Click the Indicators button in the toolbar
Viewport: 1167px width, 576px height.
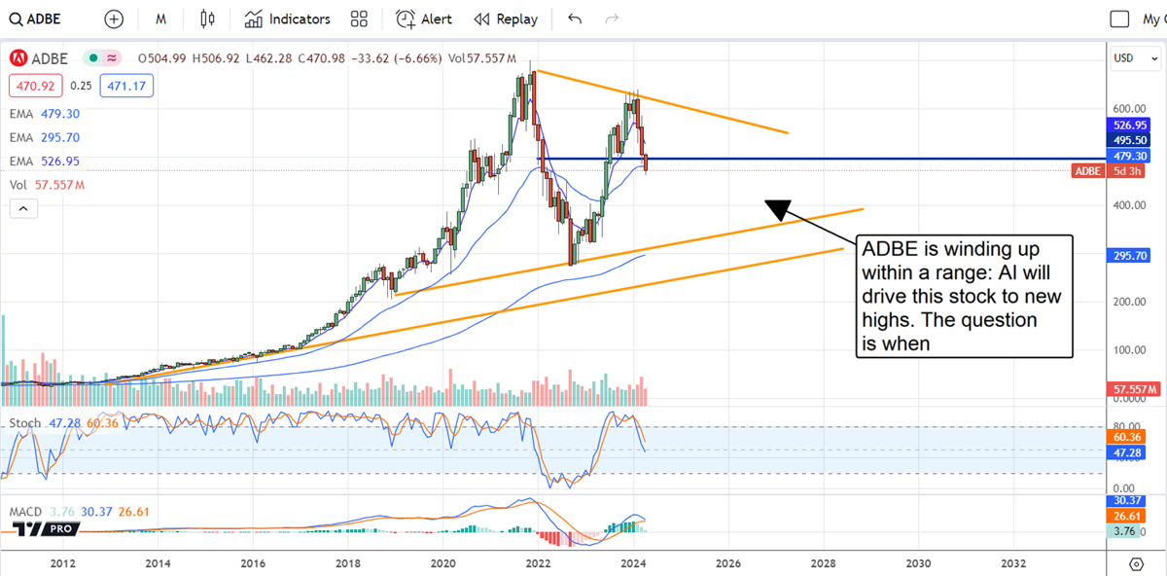click(x=288, y=19)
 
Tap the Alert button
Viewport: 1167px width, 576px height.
click(x=424, y=19)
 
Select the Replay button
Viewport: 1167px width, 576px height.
click(x=506, y=19)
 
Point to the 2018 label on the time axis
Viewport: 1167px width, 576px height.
click(x=348, y=562)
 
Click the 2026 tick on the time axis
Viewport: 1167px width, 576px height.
click(x=728, y=562)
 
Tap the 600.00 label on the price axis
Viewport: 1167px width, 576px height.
click(x=1126, y=109)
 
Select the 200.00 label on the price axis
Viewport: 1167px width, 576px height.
click(x=1126, y=302)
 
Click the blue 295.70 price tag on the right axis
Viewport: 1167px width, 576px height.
click(x=1132, y=256)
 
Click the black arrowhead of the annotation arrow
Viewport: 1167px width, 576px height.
click(x=778, y=208)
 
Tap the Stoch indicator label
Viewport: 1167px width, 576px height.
click(x=25, y=423)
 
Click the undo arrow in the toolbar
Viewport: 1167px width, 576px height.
click(x=575, y=19)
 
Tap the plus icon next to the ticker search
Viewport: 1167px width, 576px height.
click(x=115, y=19)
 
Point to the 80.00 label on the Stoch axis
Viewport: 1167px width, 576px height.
click(x=1124, y=426)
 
